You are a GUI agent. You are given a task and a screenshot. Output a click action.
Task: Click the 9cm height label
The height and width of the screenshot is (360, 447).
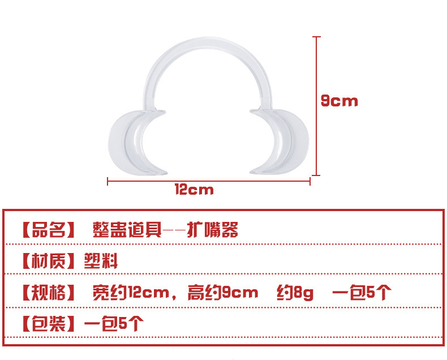[339, 101]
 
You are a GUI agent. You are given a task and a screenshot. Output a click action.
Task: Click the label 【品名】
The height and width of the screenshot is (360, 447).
[49, 230]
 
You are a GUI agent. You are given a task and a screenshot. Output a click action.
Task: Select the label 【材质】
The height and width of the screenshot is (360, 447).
[49, 261]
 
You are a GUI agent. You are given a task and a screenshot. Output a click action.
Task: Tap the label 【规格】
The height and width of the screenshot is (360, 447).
[49, 293]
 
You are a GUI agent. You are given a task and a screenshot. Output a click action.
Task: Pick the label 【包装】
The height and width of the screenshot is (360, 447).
[49, 324]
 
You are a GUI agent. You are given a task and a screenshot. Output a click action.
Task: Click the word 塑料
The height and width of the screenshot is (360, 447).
[100, 261]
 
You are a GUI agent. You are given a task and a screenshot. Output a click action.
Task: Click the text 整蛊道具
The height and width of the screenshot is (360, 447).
[127, 230]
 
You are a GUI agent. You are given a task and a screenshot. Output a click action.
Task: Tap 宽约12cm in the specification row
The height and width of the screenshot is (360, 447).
[131, 293]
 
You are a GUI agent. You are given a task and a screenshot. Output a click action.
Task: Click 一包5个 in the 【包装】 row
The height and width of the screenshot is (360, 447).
[114, 324]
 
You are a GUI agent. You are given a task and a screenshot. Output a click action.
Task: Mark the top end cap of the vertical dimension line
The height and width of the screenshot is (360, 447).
[316, 37]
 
